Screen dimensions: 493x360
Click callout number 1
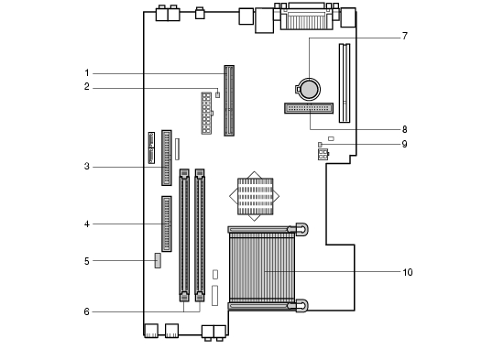tap(87, 73)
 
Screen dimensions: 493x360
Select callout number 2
tap(87, 87)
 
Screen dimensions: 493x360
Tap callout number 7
tap(405, 36)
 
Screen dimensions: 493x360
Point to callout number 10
tap(408, 272)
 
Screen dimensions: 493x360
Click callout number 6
tap(87, 311)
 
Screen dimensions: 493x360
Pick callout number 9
tap(405, 144)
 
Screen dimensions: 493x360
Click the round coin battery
tap(309, 88)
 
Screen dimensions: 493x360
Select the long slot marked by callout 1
tap(229, 101)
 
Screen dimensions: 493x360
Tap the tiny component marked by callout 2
tap(217, 94)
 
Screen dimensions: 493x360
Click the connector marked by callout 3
tap(167, 158)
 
